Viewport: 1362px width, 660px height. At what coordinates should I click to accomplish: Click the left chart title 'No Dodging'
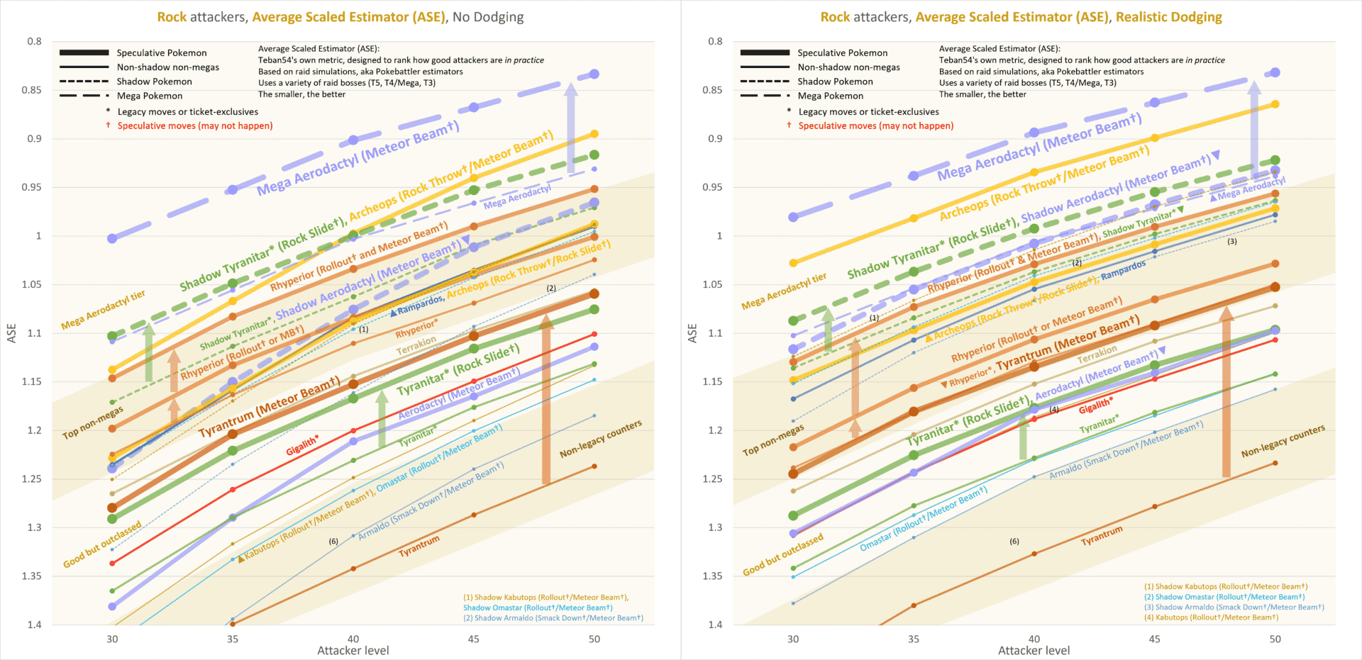click(x=488, y=17)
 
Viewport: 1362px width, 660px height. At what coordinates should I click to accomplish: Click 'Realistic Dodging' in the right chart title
click(x=1168, y=17)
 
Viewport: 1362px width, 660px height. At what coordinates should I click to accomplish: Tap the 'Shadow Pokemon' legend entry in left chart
click(x=154, y=82)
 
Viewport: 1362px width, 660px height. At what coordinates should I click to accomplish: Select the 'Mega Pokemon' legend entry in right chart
click(x=830, y=96)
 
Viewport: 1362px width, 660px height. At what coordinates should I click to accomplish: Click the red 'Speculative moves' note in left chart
click(x=194, y=125)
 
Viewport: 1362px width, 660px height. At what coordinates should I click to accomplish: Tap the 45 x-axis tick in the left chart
click(x=473, y=639)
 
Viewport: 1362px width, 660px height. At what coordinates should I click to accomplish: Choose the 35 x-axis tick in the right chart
click(x=914, y=639)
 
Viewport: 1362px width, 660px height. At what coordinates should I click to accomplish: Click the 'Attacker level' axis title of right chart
click(x=1034, y=650)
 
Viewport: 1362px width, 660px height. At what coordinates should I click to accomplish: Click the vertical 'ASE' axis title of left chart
click(x=11, y=333)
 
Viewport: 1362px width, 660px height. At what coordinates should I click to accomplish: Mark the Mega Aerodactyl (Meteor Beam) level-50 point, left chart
click(x=594, y=74)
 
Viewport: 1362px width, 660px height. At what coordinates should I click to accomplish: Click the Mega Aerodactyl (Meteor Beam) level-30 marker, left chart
click(x=112, y=238)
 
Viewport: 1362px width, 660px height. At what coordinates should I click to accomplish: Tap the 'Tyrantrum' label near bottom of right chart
click(x=1102, y=536)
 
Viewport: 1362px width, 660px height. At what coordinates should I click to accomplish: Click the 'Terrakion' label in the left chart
click(x=416, y=346)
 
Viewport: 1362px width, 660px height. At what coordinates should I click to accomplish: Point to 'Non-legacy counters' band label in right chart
click(x=1283, y=441)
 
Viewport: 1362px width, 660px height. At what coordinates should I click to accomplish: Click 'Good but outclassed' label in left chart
click(x=102, y=544)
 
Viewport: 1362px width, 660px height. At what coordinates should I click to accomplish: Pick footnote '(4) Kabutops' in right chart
click(x=1211, y=617)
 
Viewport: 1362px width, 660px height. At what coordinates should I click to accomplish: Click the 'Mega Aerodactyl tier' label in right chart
click(x=784, y=291)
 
